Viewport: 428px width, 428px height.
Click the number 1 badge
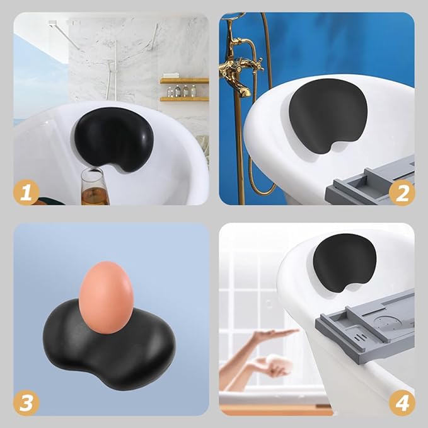(x=26, y=192)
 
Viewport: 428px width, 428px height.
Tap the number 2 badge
(x=402, y=192)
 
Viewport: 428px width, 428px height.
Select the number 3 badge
(x=26, y=402)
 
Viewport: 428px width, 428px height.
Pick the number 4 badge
(x=402, y=402)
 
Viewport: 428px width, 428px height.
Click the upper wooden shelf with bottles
(x=183, y=81)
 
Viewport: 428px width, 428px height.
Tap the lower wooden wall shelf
(x=183, y=99)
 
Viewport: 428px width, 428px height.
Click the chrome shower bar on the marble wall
(x=116, y=69)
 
